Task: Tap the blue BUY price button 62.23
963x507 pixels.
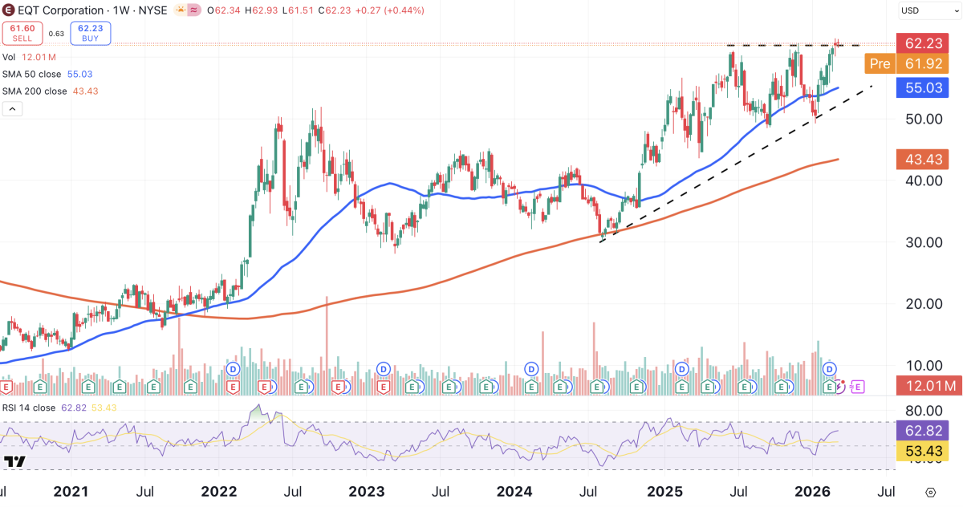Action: coord(91,33)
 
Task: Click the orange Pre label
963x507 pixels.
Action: coord(880,64)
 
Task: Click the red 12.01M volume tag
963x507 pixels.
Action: coord(927,387)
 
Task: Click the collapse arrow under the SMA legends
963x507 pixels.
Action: coord(12,108)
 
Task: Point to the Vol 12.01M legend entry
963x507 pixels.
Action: coord(29,57)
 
